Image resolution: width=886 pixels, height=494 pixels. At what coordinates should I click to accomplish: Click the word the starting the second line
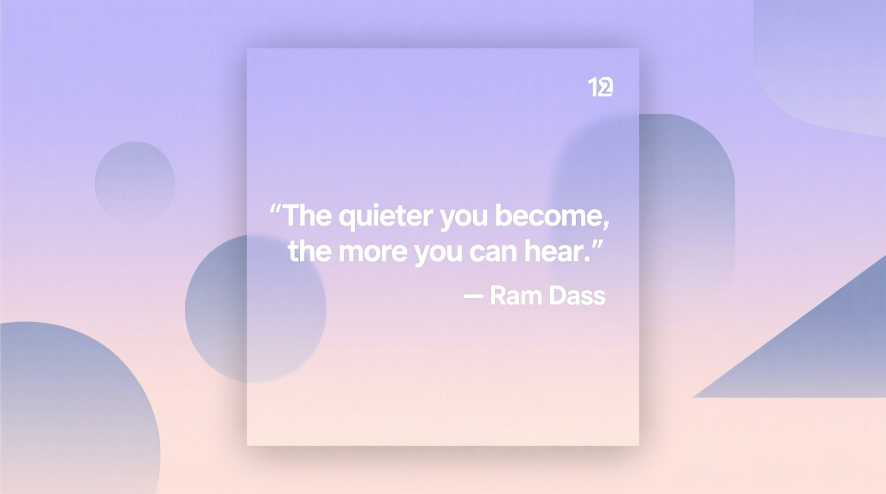(x=309, y=251)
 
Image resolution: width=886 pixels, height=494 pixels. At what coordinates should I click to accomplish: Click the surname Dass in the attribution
(x=577, y=296)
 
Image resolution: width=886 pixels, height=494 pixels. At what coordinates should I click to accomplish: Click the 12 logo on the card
(x=600, y=87)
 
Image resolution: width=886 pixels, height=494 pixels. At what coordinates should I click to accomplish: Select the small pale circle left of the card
(x=135, y=182)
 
